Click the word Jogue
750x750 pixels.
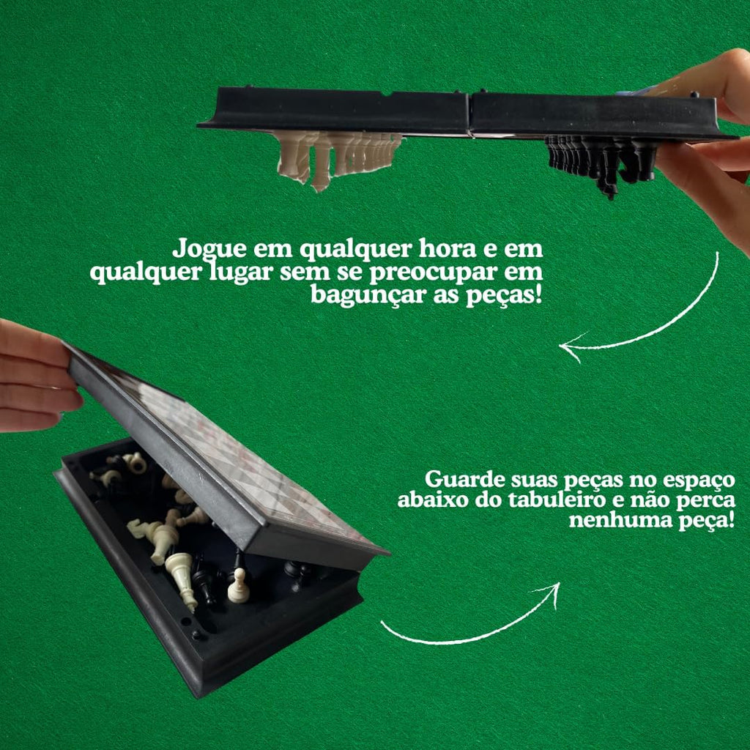pyautogui.click(x=209, y=249)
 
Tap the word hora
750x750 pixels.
pyautogui.click(x=447, y=248)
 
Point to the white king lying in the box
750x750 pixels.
pyautogui.click(x=182, y=579)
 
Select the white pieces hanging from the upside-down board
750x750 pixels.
pyautogui.click(x=339, y=158)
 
